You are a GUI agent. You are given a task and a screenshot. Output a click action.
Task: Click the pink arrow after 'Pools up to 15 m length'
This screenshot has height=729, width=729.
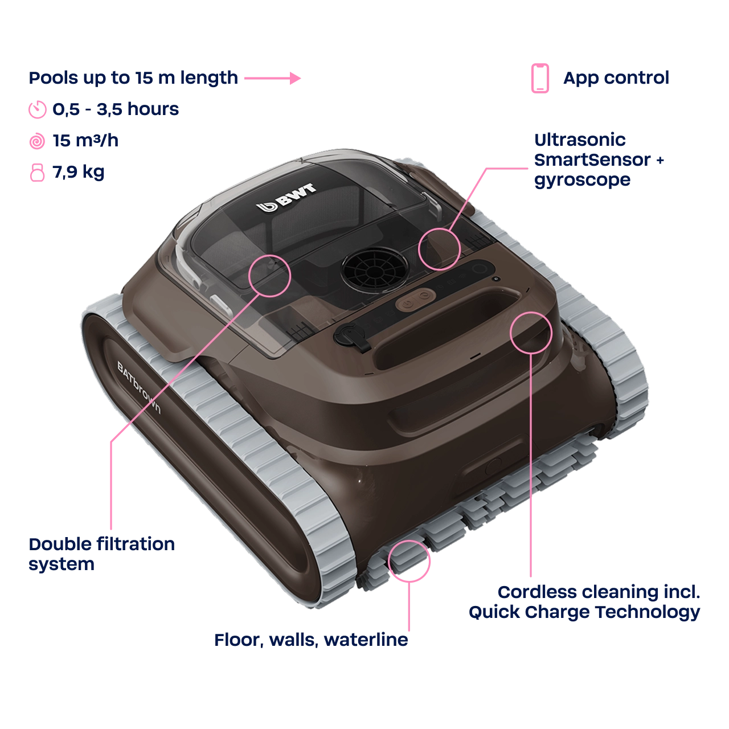272,78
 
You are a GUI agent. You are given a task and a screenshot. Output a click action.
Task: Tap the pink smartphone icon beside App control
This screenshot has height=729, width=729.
540,78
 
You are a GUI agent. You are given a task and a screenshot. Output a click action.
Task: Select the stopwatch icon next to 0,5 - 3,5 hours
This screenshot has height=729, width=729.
38,110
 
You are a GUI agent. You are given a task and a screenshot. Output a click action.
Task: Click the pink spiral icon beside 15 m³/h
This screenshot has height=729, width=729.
37,141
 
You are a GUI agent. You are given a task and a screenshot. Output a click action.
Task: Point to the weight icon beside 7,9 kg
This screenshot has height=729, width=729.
37,173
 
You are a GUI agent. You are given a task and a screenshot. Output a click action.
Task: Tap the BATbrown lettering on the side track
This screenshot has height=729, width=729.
139,387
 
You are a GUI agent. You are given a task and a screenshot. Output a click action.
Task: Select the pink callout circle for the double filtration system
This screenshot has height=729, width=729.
270,276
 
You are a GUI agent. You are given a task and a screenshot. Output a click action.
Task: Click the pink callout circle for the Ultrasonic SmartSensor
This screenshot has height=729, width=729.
439,249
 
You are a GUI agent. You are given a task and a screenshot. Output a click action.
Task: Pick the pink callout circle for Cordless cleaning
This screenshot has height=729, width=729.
531,333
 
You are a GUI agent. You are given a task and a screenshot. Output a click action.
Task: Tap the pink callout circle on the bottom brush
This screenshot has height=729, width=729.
409,561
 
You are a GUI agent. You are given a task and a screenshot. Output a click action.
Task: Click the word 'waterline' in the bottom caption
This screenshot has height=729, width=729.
366,640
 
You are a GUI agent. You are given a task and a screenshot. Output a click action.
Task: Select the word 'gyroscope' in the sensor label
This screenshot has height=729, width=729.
582,181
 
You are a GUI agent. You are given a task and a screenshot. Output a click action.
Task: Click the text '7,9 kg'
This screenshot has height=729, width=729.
78,173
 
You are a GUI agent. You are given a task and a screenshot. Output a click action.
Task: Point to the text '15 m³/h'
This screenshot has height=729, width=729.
85,141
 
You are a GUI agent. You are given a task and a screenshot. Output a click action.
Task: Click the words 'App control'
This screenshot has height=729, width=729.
616,78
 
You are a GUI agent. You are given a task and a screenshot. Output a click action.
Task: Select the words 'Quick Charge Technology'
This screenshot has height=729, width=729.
584,612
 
